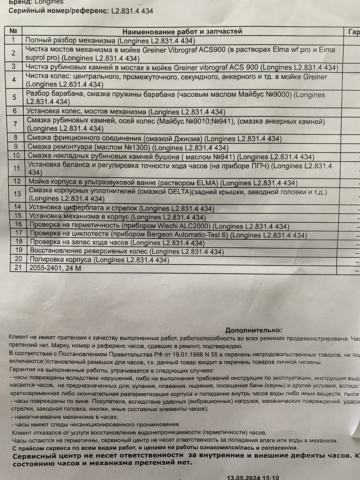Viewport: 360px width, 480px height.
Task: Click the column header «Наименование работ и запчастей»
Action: (182, 31)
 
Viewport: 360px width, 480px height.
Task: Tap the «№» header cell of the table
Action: (13, 31)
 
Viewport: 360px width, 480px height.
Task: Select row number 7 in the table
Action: (15, 124)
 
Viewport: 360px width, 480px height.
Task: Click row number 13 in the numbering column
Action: (17, 193)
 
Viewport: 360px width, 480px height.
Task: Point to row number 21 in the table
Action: (18, 268)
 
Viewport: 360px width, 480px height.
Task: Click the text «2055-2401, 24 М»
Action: (55, 268)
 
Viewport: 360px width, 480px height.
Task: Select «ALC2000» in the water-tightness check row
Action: (194, 226)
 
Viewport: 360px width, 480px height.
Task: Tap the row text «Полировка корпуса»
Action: (60, 259)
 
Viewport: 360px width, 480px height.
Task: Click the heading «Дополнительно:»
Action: (253, 330)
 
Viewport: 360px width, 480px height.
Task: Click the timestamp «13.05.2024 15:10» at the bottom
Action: (253, 478)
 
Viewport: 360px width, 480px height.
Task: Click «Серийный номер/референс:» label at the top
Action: (59, 11)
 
